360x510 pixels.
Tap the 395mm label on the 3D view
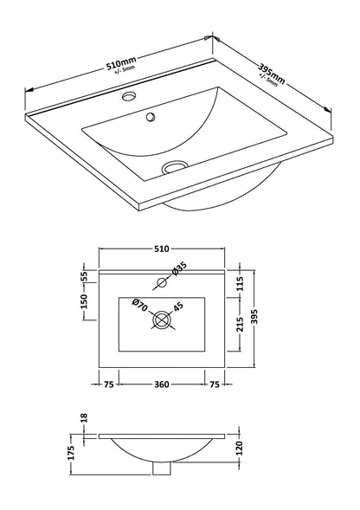pyautogui.click(x=270, y=77)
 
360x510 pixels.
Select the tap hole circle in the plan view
pyautogui.click(x=161, y=282)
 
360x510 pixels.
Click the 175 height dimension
pyautogui.click(x=73, y=450)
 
